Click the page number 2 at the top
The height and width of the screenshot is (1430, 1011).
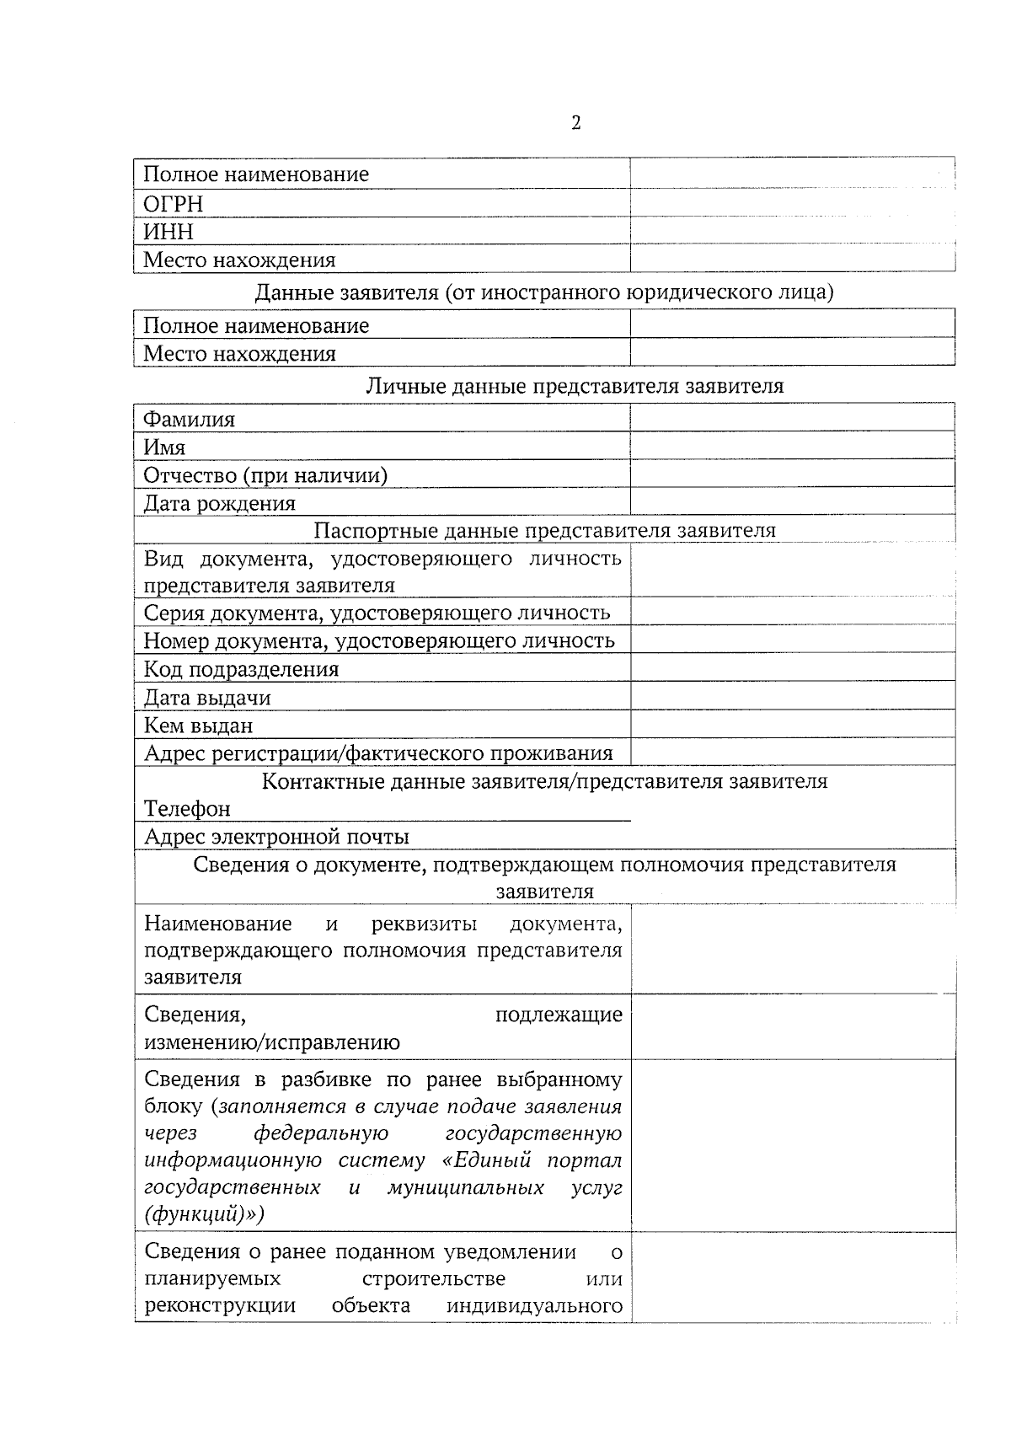point(576,124)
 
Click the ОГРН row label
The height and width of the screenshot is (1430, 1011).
point(174,204)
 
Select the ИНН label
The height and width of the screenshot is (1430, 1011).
point(168,232)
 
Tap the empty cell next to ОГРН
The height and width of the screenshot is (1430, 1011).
point(792,203)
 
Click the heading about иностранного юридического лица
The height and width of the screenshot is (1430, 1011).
point(544,292)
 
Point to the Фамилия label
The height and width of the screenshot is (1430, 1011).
point(190,419)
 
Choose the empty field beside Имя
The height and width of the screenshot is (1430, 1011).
point(792,446)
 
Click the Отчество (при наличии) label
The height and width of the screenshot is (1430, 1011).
point(265,475)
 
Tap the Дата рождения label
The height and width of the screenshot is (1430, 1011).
point(220,504)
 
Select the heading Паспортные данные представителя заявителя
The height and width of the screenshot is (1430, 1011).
point(544,530)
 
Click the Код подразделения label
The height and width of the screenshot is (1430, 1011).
point(242,669)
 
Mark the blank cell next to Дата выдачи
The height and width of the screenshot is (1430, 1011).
point(792,696)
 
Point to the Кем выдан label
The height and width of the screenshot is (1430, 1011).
point(199,726)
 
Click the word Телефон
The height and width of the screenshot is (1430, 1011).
point(187,809)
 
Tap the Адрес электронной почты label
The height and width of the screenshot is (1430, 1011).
point(277,837)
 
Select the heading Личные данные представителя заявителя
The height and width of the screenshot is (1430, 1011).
point(575,386)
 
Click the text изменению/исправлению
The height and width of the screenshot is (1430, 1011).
point(272,1042)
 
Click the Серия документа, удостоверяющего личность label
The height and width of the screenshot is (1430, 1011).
point(377,613)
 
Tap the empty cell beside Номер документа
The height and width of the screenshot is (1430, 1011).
point(792,640)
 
